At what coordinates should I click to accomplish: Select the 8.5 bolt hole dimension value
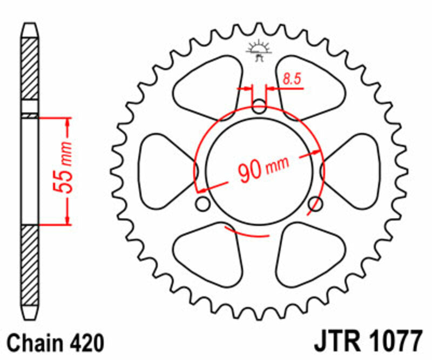[x=291, y=79]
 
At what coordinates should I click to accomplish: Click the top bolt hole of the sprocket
[x=260, y=105]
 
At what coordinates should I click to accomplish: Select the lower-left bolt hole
[x=203, y=204]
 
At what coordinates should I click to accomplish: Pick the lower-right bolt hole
[x=316, y=204]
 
